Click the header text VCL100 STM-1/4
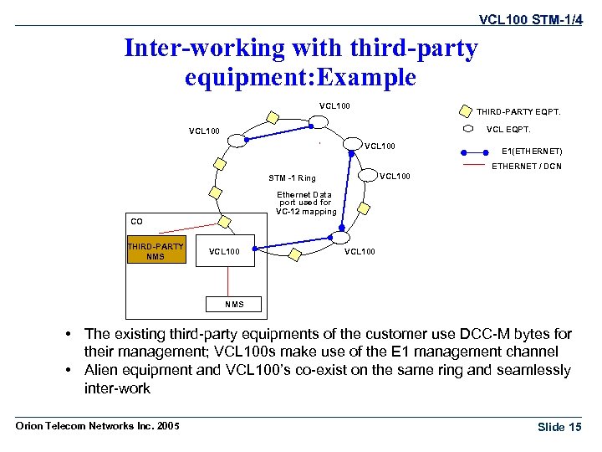pos(529,18)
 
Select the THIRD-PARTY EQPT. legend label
pos(518,110)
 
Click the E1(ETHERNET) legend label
pos(531,152)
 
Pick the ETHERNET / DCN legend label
pos(527,167)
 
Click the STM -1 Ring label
pos(292,177)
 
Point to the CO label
pos(136,222)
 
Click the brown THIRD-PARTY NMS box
pos(156,251)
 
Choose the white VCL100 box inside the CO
pos(224,251)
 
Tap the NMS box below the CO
pos(235,304)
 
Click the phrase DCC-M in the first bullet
pos(473,335)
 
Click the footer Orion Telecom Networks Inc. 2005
pos(98,426)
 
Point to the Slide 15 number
pos(559,427)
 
